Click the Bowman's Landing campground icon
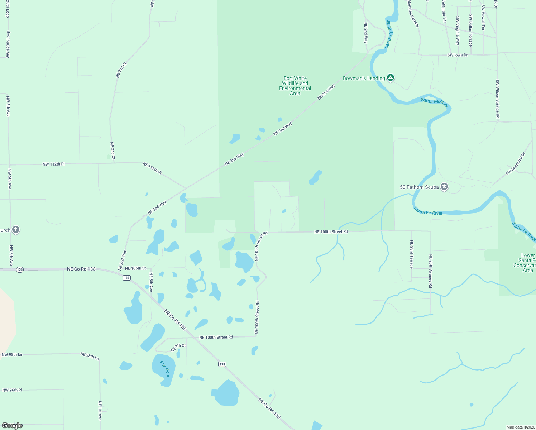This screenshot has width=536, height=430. pyautogui.click(x=391, y=77)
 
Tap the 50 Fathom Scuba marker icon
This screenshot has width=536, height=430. pyautogui.click(x=444, y=187)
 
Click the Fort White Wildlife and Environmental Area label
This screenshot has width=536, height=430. pyautogui.click(x=295, y=86)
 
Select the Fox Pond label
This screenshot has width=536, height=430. pyautogui.click(x=165, y=369)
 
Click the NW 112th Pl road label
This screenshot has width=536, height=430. pyautogui.click(x=54, y=164)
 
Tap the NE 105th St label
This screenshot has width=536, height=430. pyautogui.click(x=135, y=268)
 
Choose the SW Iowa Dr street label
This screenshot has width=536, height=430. pyautogui.click(x=458, y=55)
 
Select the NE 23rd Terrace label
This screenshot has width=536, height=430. pyautogui.click(x=412, y=254)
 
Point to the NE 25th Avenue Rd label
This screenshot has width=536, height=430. pyautogui.click(x=431, y=271)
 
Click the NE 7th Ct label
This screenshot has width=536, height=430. pyautogui.click(x=178, y=347)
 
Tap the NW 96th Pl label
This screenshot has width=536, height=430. pyautogui.click(x=12, y=390)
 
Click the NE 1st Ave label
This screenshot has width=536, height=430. pyautogui.click(x=100, y=410)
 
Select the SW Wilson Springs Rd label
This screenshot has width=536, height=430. pyautogui.click(x=497, y=99)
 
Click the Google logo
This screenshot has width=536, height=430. pyautogui.click(x=12, y=426)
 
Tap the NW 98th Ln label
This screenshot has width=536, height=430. pyautogui.click(x=12, y=354)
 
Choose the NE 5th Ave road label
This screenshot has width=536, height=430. pyautogui.click(x=151, y=282)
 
